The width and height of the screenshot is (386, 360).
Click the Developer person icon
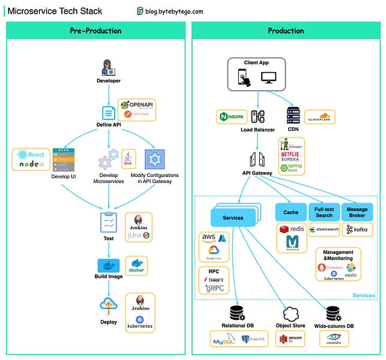[x=109, y=67]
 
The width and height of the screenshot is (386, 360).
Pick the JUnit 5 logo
[x=139, y=236]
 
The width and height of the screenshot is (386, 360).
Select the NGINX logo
[x=232, y=116]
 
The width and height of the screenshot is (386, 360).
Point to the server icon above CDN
[x=293, y=116]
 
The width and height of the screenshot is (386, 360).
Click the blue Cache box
[x=291, y=212]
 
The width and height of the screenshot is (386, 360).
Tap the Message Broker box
[x=357, y=212]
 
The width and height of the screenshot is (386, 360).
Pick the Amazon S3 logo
[x=290, y=339]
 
